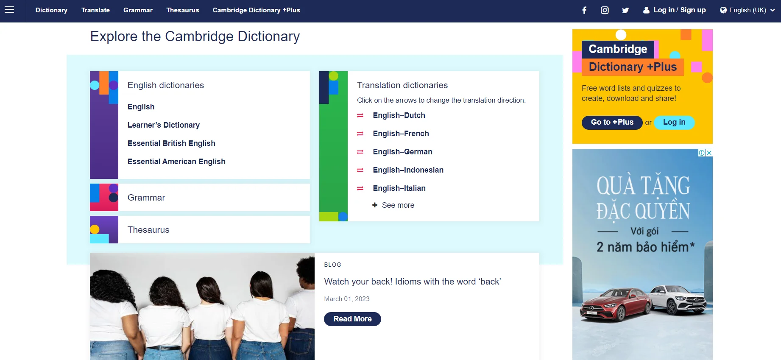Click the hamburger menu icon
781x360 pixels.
click(9, 10)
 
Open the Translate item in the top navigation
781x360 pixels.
click(95, 10)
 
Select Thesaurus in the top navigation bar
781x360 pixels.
click(182, 10)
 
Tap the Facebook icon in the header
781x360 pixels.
click(584, 10)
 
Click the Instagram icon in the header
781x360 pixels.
click(605, 10)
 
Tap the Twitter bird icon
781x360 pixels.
click(625, 10)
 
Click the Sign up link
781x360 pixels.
click(693, 10)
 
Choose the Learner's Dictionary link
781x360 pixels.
click(164, 125)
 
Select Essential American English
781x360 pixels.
click(176, 162)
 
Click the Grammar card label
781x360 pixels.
click(146, 198)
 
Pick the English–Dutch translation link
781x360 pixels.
click(399, 115)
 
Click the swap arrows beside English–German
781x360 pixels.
click(360, 152)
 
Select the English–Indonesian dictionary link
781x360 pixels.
click(408, 170)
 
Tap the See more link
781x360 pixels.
click(393, 205)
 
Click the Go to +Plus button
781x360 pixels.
click(612, 123)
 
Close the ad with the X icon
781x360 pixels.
click(709, 153)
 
